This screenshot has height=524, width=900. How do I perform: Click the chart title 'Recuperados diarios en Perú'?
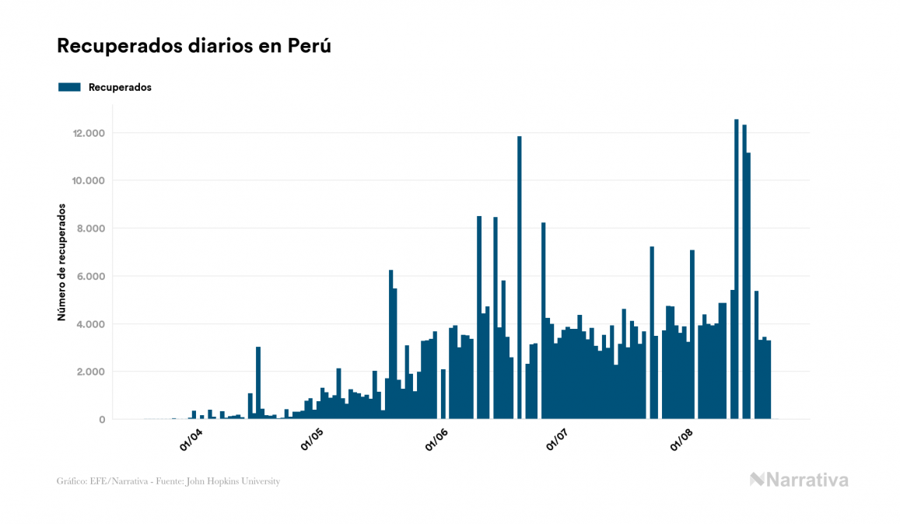[x=194, y=46]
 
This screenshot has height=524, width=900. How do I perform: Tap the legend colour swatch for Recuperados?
[x=69, y=87]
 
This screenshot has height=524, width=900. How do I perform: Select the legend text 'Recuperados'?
[x=120, y=87]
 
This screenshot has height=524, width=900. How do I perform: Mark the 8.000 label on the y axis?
[x=89, y=229]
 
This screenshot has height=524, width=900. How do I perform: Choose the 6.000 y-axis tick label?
[x=89, y=277]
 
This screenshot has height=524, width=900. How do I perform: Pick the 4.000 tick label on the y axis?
[x=89, y=324]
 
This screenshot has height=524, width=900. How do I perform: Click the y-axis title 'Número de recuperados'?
[x=61, y=263]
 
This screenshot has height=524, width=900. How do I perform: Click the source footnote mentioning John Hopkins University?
[x=168, y=481]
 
